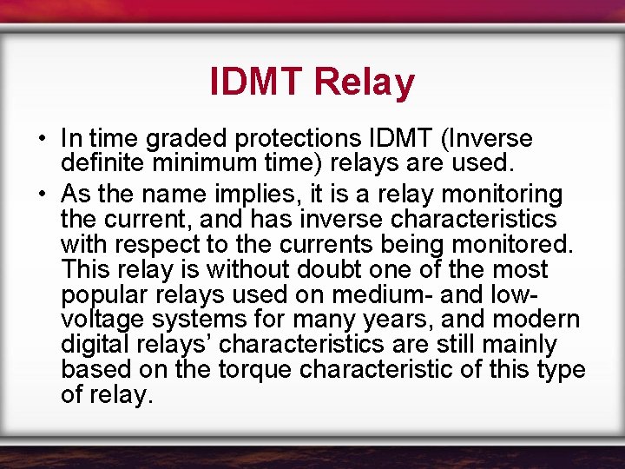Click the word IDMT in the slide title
point(256,83)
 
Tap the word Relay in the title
point(365,83)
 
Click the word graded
point(173,139)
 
